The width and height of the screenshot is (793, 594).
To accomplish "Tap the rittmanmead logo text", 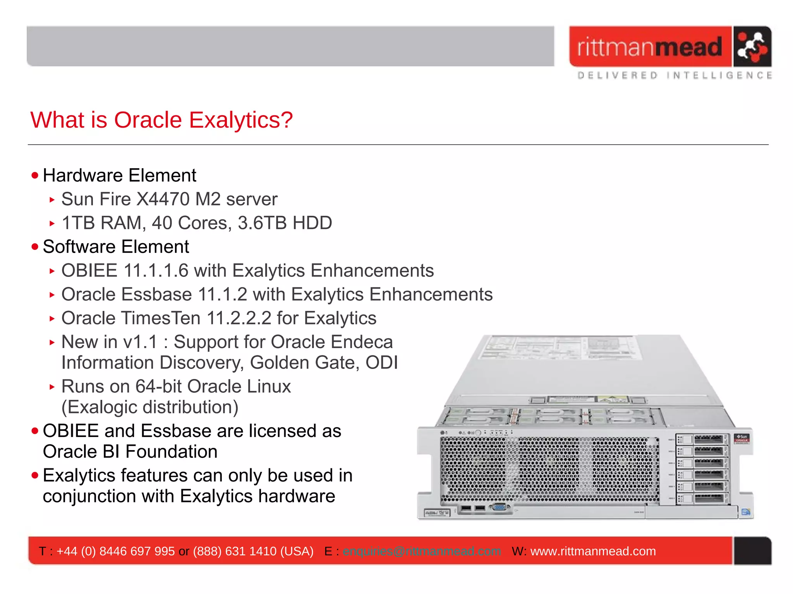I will [650, 47].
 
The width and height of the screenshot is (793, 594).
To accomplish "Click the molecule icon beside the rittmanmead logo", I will [752, 47].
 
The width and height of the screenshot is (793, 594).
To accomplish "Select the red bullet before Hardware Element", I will [35, 176].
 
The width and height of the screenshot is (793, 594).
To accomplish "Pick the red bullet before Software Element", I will [35, 247].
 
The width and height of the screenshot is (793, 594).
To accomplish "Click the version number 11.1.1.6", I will [156, 271].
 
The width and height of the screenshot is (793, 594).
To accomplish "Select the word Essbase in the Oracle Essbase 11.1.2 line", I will [156, 295].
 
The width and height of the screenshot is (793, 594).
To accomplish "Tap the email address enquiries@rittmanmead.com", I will [422, 551].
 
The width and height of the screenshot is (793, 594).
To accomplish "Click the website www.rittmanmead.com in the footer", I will [593, 551].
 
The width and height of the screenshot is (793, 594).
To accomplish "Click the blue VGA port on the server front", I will [500, 507].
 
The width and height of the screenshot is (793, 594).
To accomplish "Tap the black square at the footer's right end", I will [752, 551].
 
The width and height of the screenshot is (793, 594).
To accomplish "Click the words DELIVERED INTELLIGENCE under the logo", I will [674, 75].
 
